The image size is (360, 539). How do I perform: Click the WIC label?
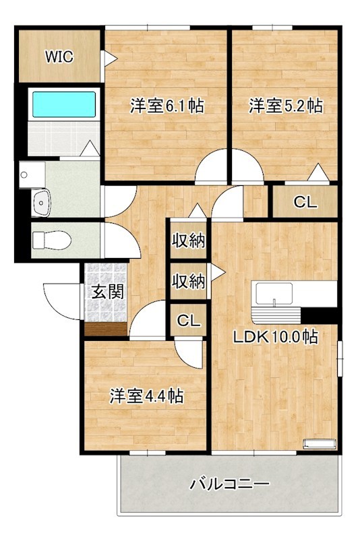click(59, 57)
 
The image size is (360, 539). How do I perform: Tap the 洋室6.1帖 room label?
click(167, 106)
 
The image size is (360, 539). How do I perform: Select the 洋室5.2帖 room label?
click(285, 106)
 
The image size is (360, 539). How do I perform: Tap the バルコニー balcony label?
click(230, 484)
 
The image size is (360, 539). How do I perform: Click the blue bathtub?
click(64, 105)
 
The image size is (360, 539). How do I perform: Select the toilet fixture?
click(47, 240)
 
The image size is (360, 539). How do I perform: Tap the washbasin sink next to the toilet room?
click(42, 201)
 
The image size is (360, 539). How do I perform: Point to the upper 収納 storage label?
click(188, 240)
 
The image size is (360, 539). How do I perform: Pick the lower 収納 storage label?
click(188, 282)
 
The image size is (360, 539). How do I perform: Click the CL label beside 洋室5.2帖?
click(304, 201)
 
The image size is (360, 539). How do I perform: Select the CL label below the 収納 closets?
click(188, 321)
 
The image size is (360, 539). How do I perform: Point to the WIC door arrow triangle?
click(107, 59)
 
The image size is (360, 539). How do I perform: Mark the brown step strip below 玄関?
click(106, 329)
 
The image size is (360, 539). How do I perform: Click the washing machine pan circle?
click(24, 175)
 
